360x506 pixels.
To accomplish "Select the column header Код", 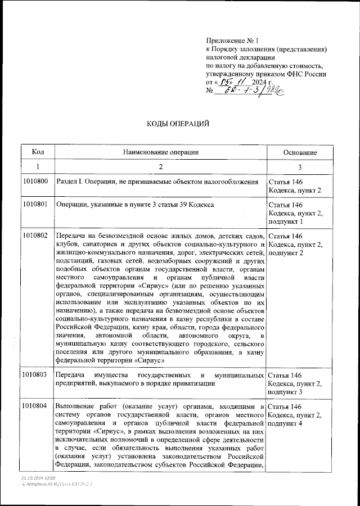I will (x=38, y=152).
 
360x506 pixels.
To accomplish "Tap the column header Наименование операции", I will (x=160, y=152).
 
